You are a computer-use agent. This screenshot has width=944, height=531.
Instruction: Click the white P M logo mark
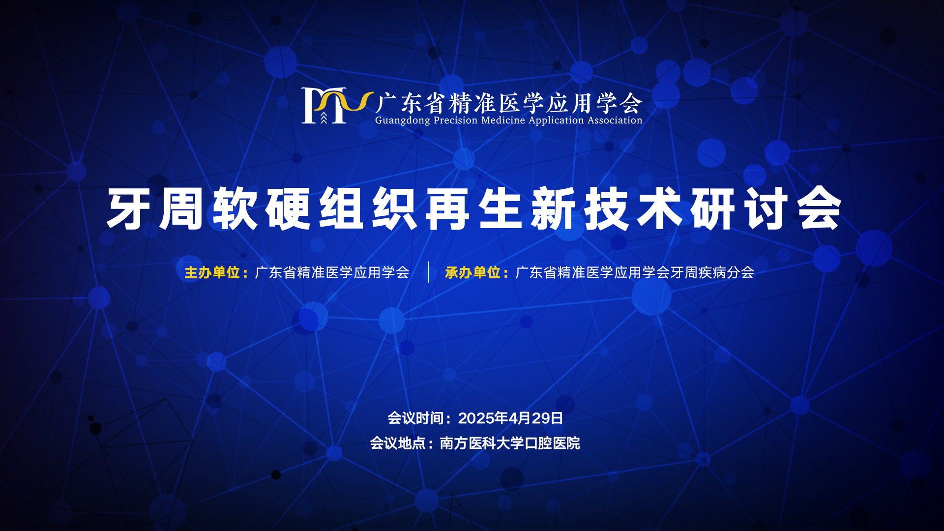tap(324, 106)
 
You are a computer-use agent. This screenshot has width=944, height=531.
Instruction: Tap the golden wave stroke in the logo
tap(344, 101)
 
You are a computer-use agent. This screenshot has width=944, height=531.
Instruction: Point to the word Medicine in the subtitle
tap(503, 120)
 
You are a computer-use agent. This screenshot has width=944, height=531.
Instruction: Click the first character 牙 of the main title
tap(129, 208)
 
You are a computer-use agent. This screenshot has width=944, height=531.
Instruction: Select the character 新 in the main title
tap(554, 208)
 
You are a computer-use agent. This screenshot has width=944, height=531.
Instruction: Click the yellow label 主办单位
tap(212, 272)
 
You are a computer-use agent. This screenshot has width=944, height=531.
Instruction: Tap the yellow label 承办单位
tap(472, 272)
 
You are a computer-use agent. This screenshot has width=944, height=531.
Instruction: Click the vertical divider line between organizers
tap(428, 272)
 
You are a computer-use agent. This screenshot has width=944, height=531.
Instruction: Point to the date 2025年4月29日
tap(510, 418)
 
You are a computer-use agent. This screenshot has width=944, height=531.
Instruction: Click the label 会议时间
tap(415, 418)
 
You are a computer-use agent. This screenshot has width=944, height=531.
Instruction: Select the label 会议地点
tap(398, 443)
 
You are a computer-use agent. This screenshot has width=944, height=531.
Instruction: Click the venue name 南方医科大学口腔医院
tap(510, 443)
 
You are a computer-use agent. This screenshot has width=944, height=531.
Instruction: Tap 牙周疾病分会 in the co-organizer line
tap(712, 272)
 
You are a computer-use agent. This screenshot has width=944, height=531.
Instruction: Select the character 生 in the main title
tap(501, 208)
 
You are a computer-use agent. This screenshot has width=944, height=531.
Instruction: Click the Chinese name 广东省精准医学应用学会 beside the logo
tap(509, 103)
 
